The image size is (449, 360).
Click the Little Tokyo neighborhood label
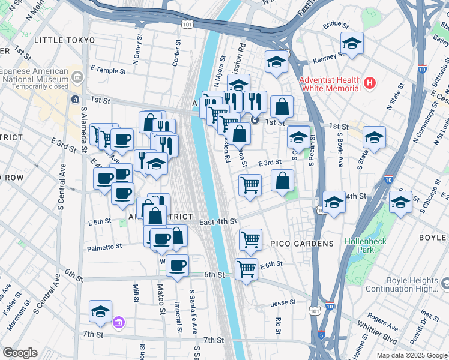pyautogui.click(x=65, y=40)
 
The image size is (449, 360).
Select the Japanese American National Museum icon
pyautogui.click(x=77, y=77)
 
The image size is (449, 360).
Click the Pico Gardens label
pyautogui.click(x=302, y=244)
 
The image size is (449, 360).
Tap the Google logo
pyautogui.click(x=20, y=353)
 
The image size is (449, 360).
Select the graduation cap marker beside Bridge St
pyautogui.click(x=352, y=43)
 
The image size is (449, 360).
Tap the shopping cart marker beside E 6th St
pyautogui.click(x=246, y=269)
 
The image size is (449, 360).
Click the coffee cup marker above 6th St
pyautogui.click(x=177, y=265)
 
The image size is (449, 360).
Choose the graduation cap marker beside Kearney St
pyautogui.click(x=276, y=62)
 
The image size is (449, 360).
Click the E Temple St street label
pyautogui.click(x=108, y=71)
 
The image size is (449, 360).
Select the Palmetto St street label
pyautogui.click(x=106, y=246)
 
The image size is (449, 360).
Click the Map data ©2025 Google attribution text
pyautogui.click(x=411, y=355)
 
